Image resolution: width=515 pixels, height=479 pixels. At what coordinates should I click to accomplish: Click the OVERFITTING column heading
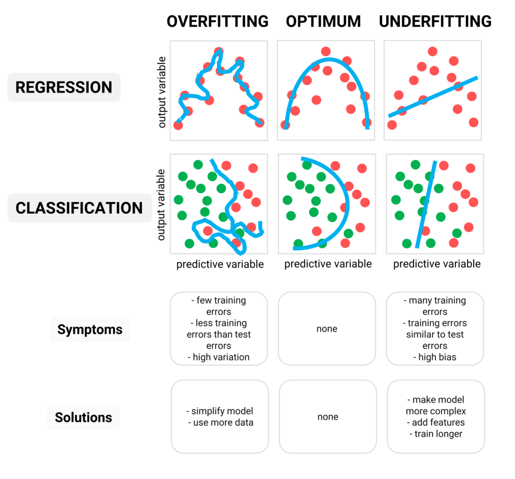pos(218,21)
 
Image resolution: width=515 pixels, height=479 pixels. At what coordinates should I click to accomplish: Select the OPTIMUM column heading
pos(323,21)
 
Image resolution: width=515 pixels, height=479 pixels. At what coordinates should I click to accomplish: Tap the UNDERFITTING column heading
pos(435,21)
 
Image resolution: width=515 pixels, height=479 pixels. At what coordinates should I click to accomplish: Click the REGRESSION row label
pos(64,87)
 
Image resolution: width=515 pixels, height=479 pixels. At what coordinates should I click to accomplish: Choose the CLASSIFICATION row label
pos(79,208)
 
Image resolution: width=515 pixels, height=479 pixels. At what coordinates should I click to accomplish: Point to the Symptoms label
pos(90,330)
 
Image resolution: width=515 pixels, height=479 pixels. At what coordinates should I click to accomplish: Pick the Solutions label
pos(83,417)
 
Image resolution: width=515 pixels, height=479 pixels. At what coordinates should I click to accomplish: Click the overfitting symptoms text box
pos(219,329)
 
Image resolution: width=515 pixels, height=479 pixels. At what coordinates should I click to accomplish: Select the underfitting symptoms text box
pos(435,329)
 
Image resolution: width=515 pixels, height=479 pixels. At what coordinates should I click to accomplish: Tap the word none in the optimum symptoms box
pos(327,329)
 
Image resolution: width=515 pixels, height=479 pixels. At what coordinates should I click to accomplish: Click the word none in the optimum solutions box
pos(328,417)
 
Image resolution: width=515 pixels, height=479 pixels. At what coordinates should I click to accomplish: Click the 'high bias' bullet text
pos(436,357)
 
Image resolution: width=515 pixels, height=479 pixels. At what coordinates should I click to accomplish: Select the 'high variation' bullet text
pos(221,357)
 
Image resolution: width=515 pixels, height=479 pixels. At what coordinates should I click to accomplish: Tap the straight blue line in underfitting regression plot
pos(433,97)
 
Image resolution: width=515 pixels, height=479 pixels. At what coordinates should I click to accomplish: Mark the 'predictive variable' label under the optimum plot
pos(328,264)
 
